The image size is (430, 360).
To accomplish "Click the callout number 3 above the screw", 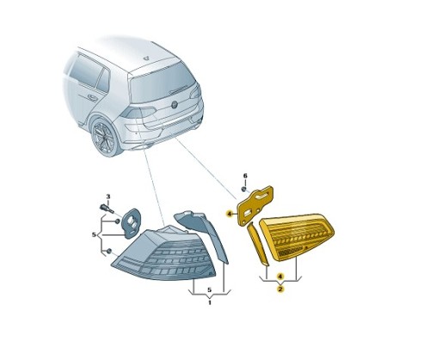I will [109, 198].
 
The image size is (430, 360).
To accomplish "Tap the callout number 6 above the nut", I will [244, 175].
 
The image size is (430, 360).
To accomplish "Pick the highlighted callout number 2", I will [280, 290].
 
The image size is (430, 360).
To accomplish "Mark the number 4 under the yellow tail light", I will [280, 277].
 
